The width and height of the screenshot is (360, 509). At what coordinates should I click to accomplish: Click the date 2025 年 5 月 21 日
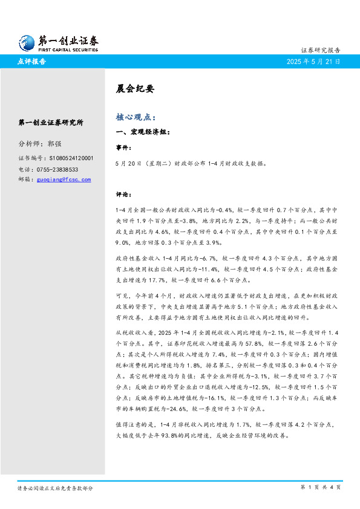click(x=313, y=62)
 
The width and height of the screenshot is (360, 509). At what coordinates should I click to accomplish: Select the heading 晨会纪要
click(x=136, y=89)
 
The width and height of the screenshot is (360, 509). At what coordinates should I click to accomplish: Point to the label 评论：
click(x=123, y=195)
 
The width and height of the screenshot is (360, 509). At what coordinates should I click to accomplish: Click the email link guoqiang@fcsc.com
click(x=64, y=180)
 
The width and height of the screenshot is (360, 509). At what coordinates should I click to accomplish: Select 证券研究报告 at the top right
click(x=321, y=50)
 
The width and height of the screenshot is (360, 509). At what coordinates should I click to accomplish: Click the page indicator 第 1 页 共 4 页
click(x=321, y=487)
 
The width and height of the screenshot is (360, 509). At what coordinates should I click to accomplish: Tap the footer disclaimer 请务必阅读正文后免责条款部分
click(x=55, y=487)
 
